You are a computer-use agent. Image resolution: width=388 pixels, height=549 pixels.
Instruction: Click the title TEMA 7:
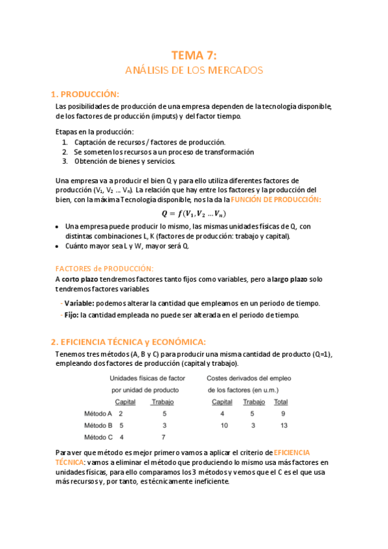194,56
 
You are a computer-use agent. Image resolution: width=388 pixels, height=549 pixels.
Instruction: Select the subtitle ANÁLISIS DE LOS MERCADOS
194,70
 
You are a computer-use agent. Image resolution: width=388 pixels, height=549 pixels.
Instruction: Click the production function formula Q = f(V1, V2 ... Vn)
194,214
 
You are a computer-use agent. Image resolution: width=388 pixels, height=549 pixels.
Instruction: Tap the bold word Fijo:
71,315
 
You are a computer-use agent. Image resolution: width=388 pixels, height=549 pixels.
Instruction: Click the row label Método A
98,413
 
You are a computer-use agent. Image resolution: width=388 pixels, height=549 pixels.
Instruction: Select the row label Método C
98,437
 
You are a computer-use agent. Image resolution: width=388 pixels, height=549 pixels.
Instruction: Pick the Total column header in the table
281,402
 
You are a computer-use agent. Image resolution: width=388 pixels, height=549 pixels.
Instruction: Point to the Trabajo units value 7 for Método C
165,437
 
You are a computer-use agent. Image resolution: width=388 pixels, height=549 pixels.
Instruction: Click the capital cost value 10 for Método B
223,425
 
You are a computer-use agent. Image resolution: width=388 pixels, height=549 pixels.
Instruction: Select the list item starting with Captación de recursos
150,142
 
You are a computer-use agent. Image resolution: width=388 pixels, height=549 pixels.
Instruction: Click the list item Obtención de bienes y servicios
124,161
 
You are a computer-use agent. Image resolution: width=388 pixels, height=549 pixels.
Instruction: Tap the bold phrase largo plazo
288,279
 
